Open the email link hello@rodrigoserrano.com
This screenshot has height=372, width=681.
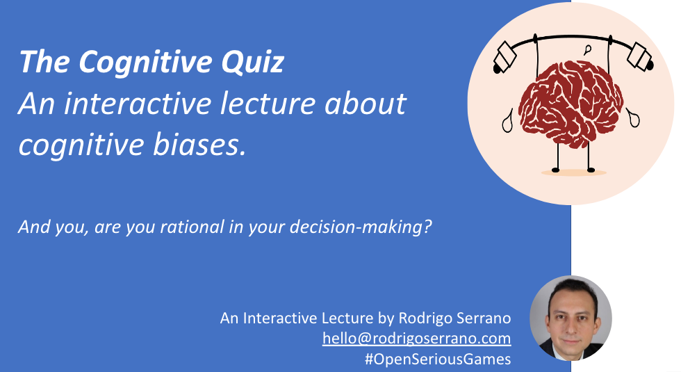pos(416,339)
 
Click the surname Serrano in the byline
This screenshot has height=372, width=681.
pos(482,318)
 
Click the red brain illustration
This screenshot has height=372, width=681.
pos(571,108)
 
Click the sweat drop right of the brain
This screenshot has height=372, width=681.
pos(634,116)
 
